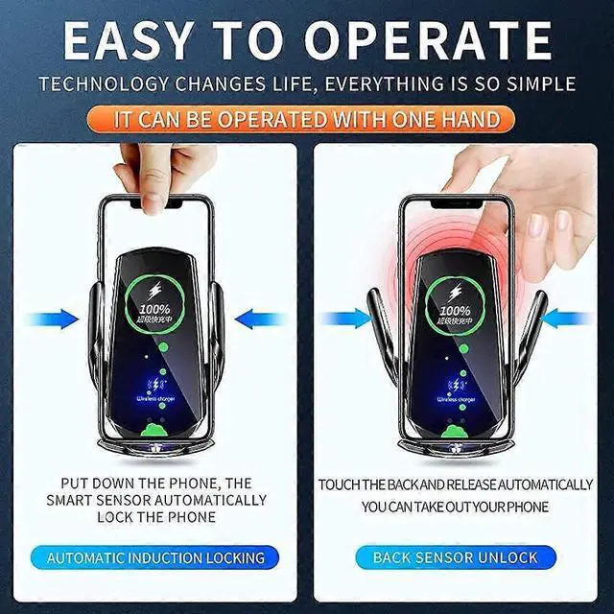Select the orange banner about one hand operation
click(x=307, y=119)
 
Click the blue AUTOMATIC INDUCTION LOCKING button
click(x=155, y=556)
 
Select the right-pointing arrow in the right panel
click(x=346, y=318)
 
